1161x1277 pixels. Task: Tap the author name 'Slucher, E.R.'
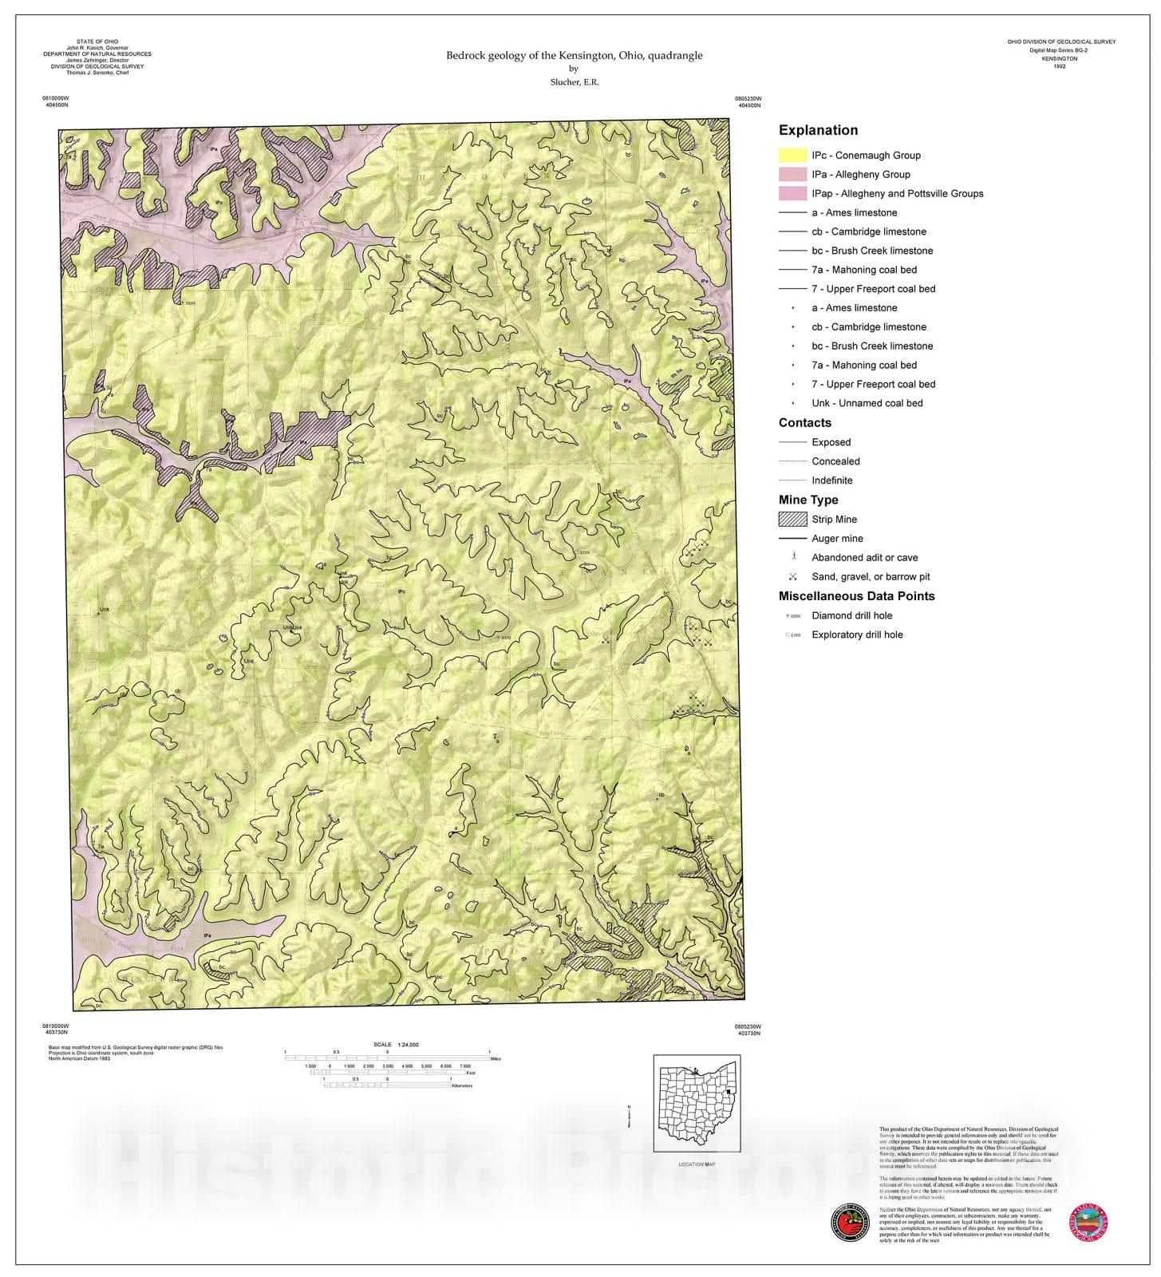[574, 82]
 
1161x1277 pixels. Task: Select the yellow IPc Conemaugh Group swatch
[792, 156]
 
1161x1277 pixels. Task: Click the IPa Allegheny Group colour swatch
[792, 175]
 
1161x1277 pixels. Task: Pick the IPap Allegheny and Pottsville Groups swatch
[792, 194]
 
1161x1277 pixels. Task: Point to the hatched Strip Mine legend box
[792, 520]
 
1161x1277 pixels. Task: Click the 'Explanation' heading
[818, 130]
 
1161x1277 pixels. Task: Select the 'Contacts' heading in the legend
[804, 423]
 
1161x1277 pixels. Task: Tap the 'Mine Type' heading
[808, 500]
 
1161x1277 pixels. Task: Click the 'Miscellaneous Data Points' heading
[856, 596]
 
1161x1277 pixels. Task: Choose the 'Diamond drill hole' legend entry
[851, 615]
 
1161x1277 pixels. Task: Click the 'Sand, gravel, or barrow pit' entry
[870, 577]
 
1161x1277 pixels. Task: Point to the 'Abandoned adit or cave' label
[864, 558]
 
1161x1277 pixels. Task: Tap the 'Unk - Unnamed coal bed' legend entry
[867, 403]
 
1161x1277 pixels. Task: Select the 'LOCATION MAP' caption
[697, 1164]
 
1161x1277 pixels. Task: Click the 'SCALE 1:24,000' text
[396, 1045]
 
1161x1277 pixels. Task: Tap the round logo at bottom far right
[1088, 1223]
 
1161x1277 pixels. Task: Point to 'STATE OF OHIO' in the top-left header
[97, 42]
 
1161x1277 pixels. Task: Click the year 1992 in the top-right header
[1059, 66]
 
